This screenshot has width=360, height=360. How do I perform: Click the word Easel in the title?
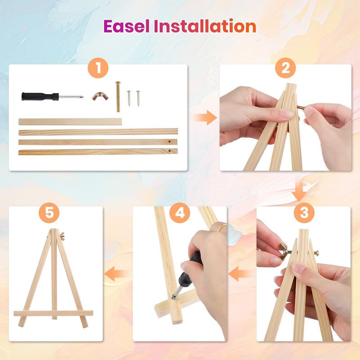[126, 26]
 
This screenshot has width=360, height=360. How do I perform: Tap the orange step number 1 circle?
[98, 68]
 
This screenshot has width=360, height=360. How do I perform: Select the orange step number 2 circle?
[285, 68]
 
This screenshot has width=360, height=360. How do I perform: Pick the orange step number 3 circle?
[304, 212]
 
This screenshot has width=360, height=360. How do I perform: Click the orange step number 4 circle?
[180, 212]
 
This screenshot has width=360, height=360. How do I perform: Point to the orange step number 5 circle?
[49, 212]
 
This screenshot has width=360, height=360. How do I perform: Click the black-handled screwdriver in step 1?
[52, 96]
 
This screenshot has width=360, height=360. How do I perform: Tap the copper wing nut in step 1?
[100, 96]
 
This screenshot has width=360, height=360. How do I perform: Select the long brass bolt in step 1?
[118, 97]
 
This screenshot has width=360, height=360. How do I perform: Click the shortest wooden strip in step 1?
[70, 121]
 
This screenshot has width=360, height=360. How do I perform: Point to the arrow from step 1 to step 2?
[205, 117]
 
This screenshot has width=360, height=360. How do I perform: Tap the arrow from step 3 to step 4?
[241, 274]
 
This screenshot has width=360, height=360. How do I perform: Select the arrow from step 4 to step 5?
[117, 274]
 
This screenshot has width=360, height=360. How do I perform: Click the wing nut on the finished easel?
[62, 236]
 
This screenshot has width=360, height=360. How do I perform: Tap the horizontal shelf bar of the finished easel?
[53, 313]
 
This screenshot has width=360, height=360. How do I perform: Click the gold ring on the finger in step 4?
[222, 227]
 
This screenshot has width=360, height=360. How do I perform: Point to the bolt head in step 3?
[316, 253]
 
